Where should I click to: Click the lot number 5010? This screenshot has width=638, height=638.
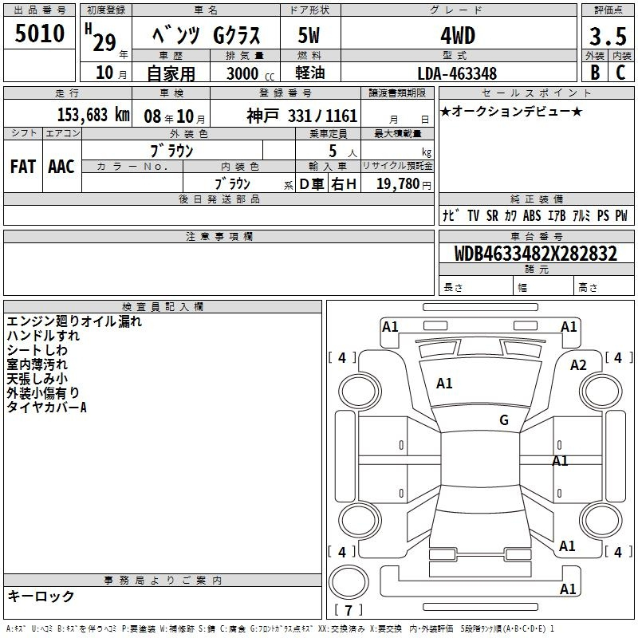39,33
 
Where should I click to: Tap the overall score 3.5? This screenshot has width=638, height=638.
608,36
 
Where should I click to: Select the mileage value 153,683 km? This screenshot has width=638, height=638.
93,115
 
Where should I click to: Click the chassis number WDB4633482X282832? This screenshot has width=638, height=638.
535,254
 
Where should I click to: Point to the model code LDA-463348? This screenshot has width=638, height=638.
457,73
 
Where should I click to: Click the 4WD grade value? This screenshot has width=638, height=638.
458,36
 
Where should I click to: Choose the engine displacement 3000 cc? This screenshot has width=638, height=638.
250,73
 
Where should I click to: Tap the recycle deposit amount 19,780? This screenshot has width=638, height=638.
398,183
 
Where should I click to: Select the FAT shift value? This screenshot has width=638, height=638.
23,167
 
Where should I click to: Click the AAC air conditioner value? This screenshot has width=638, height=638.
61,167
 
